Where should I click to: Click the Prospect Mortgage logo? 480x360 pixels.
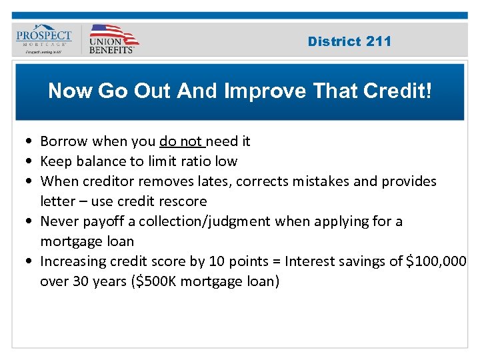(x=44, y=40)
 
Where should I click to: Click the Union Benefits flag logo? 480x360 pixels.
(x=113, y=39)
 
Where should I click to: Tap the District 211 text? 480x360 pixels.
(x=349, y=41)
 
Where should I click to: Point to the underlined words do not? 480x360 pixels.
(x=181, y=141)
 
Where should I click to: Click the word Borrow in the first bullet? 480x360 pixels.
(x=65, y=141)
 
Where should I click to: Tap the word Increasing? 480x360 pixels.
(x=73, y=261)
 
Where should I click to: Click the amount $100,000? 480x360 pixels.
(x=436, y=261)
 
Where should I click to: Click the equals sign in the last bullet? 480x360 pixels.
(x=258, y=261)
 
